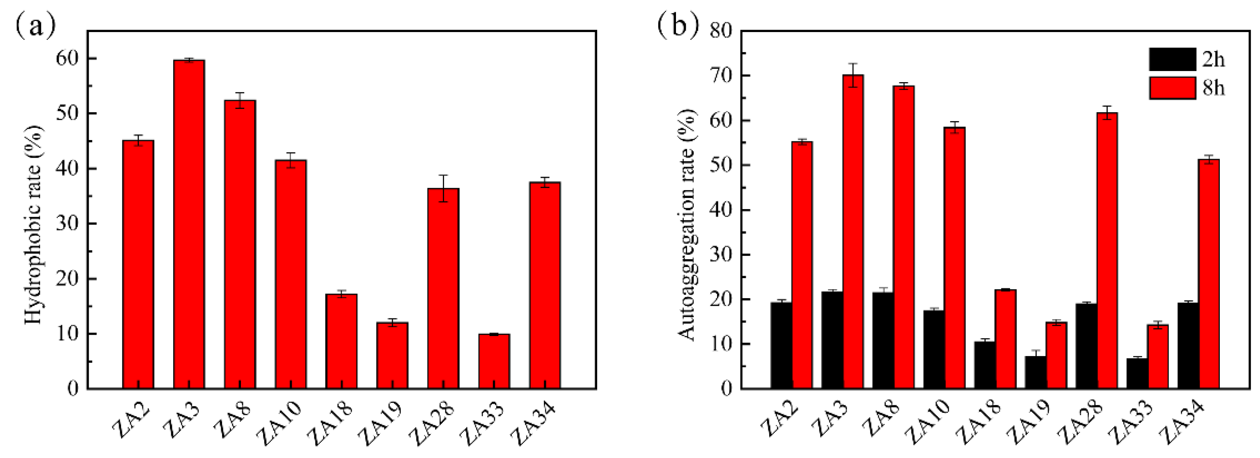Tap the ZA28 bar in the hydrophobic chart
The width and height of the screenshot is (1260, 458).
point(443,289)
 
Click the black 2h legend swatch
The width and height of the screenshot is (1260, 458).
point(1172,59)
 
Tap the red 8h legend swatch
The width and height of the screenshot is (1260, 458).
point(1172,88)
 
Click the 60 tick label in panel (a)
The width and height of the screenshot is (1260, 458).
point(67,59)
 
